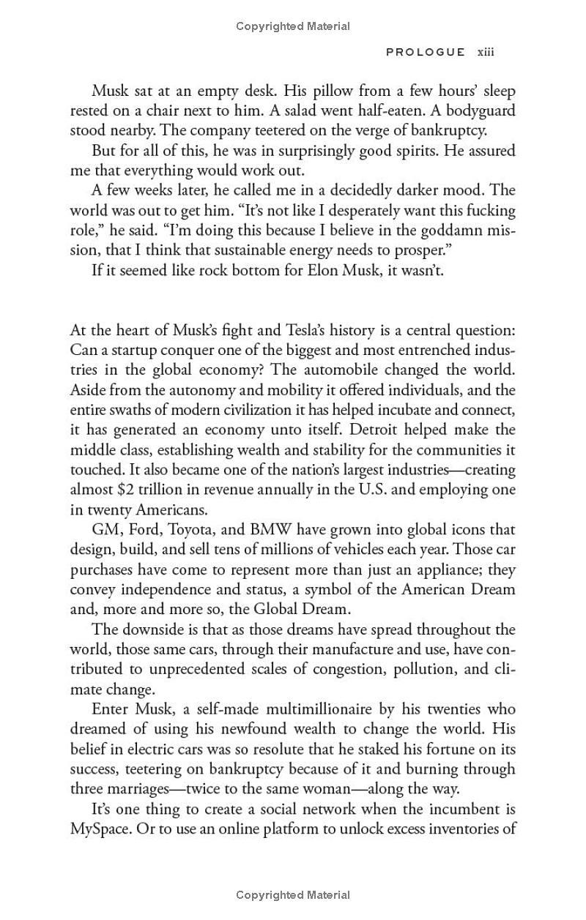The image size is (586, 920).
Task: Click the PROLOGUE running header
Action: (426, 52)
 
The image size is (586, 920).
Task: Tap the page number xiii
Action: (486, 52)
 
